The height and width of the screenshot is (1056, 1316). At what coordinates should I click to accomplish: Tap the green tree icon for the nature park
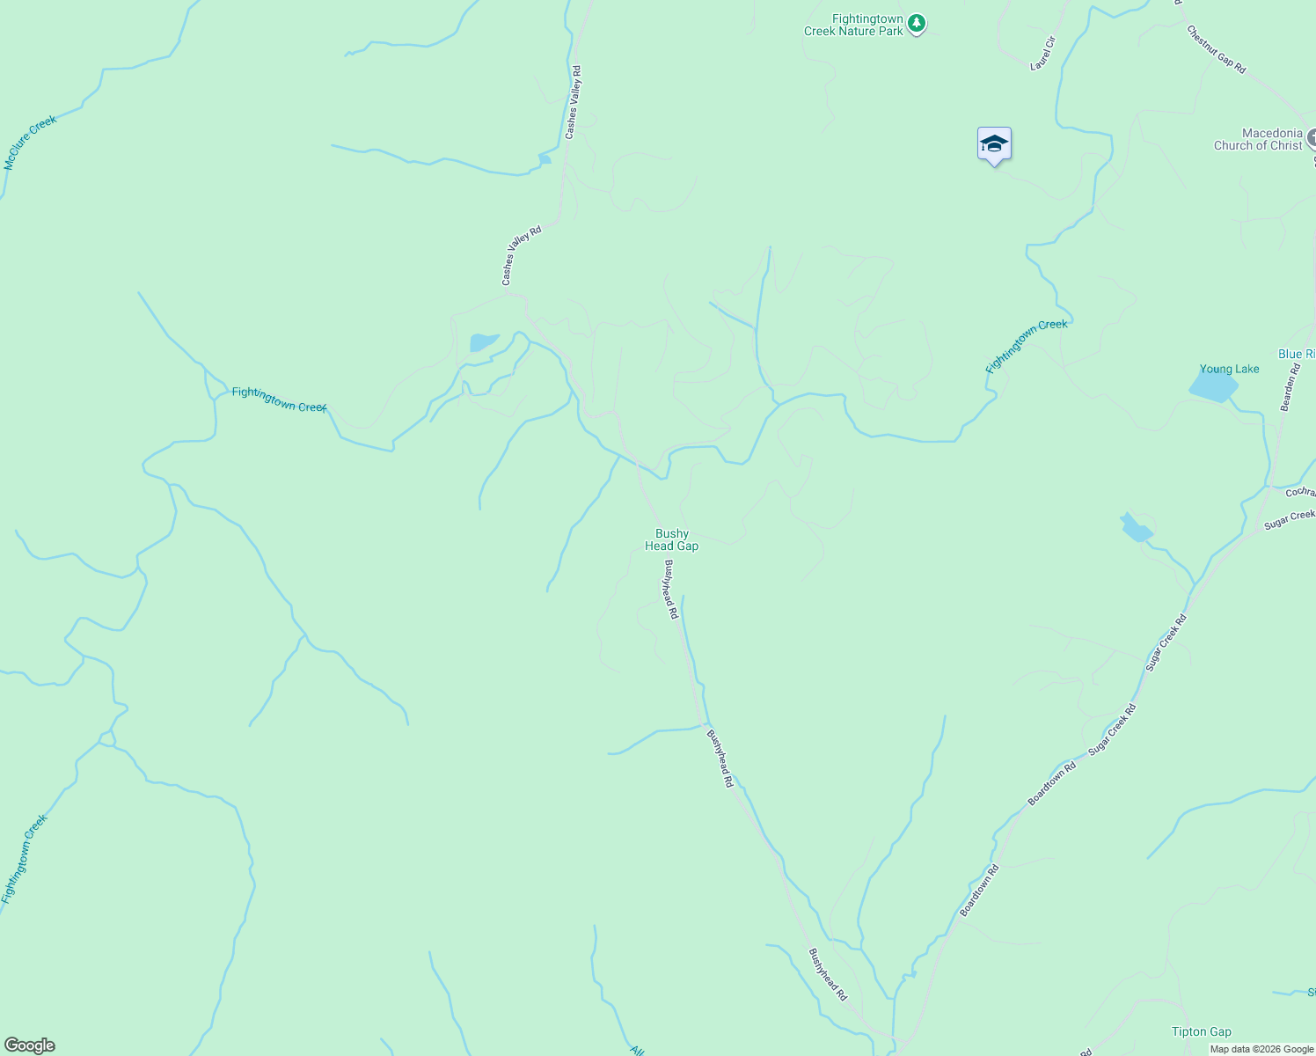tap(917, 23)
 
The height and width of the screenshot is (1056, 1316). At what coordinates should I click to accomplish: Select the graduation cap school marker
tap(994, 144)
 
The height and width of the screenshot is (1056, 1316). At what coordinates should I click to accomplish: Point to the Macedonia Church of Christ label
tap(1258, 139)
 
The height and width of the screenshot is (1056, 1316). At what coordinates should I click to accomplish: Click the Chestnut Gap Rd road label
tap(1216, 49)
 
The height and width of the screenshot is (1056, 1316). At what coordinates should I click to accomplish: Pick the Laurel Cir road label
tap(1042, 54)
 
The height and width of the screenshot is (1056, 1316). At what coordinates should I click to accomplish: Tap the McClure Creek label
tap(30, 143)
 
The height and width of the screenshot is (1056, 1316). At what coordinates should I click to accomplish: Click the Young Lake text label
tap(1229, 369)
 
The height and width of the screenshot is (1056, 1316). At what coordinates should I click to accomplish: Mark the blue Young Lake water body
tap(1213, 385)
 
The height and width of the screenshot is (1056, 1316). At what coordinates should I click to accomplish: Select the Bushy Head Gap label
tap(672, 539)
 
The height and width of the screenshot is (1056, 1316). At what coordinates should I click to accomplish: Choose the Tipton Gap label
tap(1201, 1031)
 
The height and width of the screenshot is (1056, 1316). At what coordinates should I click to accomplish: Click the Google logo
tap(29, 1045)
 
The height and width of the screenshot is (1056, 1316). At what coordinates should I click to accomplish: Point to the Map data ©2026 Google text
tap(1261, 1049)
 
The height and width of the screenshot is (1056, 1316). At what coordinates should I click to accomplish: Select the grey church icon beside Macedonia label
tap(1311, 137)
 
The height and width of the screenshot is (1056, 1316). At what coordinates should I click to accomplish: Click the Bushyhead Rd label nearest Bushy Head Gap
tap(671, 590)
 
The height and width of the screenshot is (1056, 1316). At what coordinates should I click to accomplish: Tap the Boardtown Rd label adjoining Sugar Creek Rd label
tap(1052, 784)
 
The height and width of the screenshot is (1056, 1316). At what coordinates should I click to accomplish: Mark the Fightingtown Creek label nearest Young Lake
tap(1027, 346)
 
